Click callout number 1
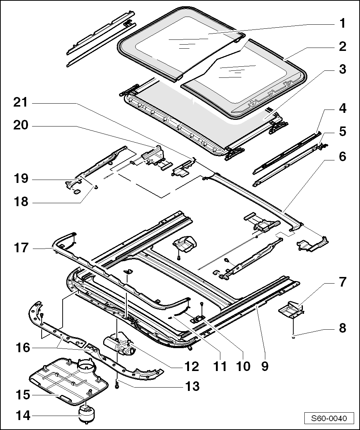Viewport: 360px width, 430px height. [x=342, y=24]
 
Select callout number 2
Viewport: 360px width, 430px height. [x=342, y=46]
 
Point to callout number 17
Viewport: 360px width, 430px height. [x=21, y=248]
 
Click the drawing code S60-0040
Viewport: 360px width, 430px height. [x=329, y=419]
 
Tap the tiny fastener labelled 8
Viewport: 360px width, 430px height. [x=293, y=336]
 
